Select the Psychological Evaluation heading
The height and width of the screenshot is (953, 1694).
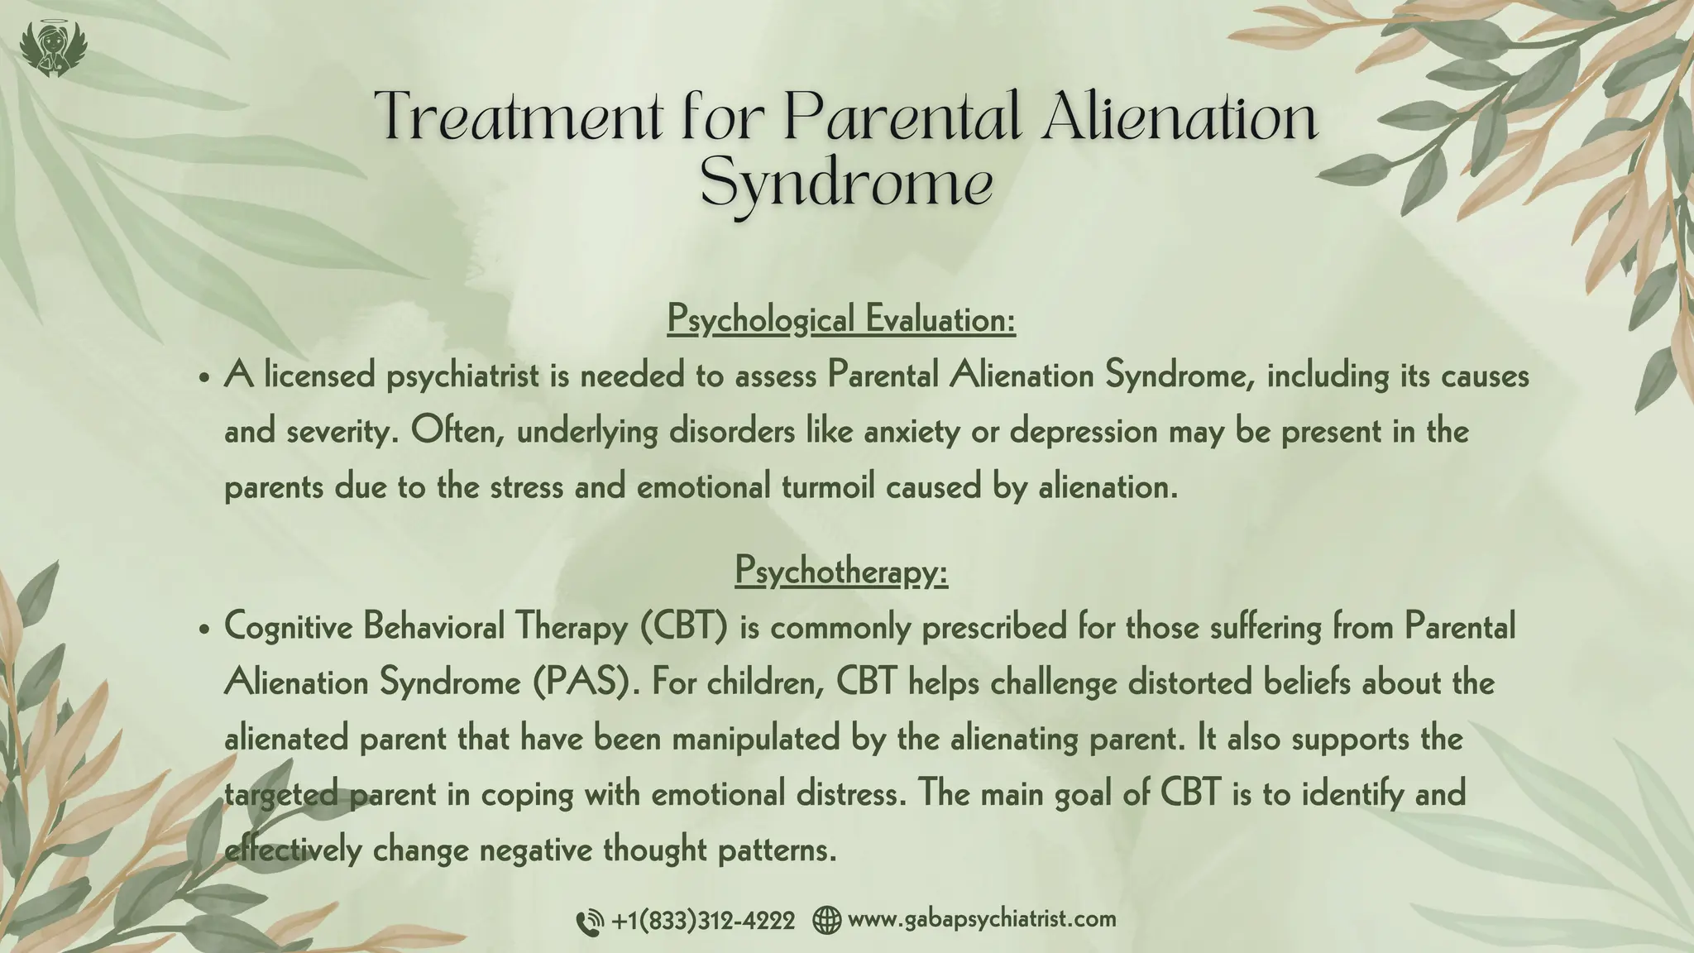click(x=841, y=319)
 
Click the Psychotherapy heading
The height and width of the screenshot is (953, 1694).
click(x=841, y=571)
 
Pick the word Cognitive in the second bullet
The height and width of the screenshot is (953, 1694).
click(x=290, y=628)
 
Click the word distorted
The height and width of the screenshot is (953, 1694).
click(x=1199, y=683)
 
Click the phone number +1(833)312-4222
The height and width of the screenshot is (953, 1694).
click(x=703, y=920)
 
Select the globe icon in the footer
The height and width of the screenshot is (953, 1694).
click(x=826, y=920)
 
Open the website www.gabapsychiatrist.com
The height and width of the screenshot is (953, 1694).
click(x=982, y=919)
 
